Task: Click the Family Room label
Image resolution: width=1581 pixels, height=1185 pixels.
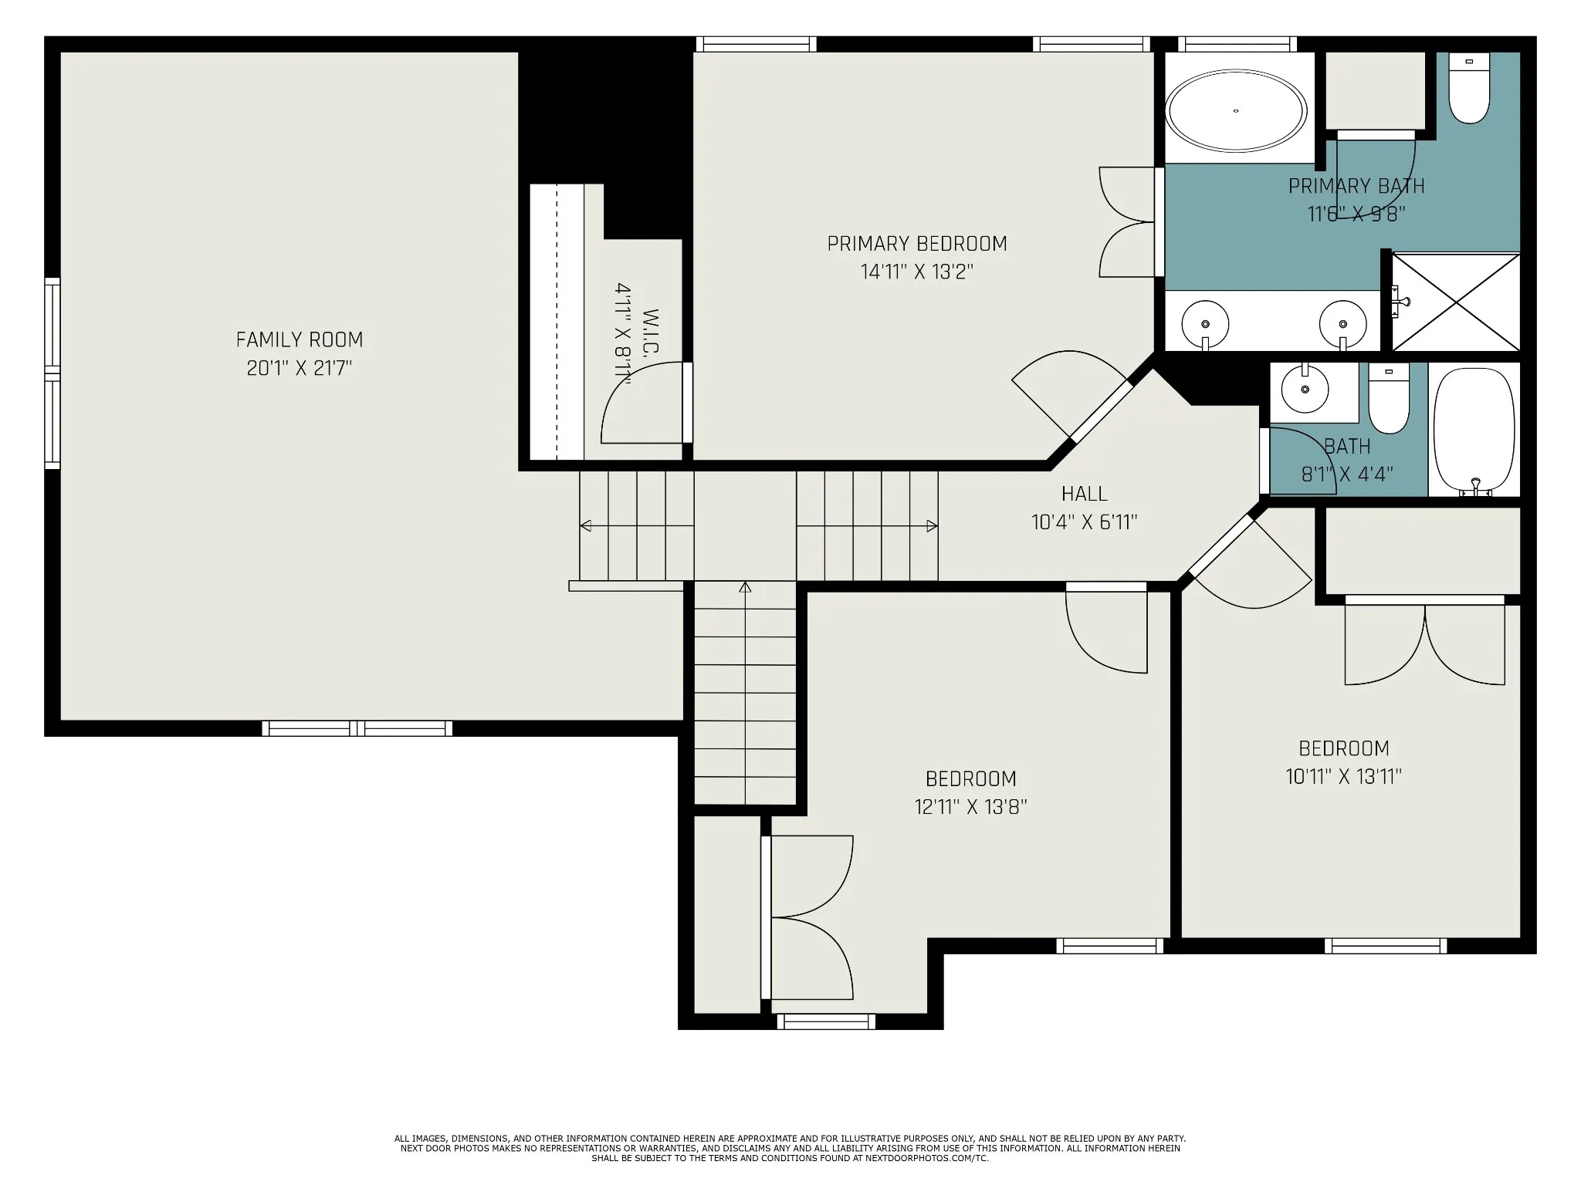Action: coord(300,339)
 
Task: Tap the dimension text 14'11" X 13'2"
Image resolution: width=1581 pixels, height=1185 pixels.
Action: coord(917,272)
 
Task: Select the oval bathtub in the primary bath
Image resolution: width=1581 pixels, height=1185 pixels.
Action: coord(1236,110)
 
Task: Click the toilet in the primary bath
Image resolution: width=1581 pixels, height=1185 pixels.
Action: coord(1468,88)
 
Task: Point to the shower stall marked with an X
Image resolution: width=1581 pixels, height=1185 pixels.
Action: coord(1456,302)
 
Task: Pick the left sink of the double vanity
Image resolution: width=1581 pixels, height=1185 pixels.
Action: coord(1204,323)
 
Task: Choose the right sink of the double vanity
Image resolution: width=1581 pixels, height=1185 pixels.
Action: coord(1343,323)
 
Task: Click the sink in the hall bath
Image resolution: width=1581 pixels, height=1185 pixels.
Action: coord(1305,390)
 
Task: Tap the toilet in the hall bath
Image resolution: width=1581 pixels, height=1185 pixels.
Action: coord(1389,398)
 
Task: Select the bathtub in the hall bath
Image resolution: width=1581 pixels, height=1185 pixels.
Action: coord(1474,431)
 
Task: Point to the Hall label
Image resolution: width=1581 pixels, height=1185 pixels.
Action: coord(1085,494)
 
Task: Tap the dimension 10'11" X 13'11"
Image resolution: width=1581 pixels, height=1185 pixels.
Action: coord(1344,776)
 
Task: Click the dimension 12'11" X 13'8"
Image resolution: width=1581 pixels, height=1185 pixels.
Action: coord(971,807)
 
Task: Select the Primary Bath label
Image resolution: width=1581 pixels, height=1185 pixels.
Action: coord(1356,186)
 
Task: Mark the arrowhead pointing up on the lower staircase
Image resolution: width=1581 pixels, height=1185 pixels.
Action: coord(745,588)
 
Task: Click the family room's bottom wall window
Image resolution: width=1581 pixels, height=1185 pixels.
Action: coord(357,728)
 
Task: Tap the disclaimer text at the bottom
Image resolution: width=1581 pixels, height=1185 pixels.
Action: coord(790,1148)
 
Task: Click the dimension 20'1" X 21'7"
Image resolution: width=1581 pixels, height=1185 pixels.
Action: coord(300,368)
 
